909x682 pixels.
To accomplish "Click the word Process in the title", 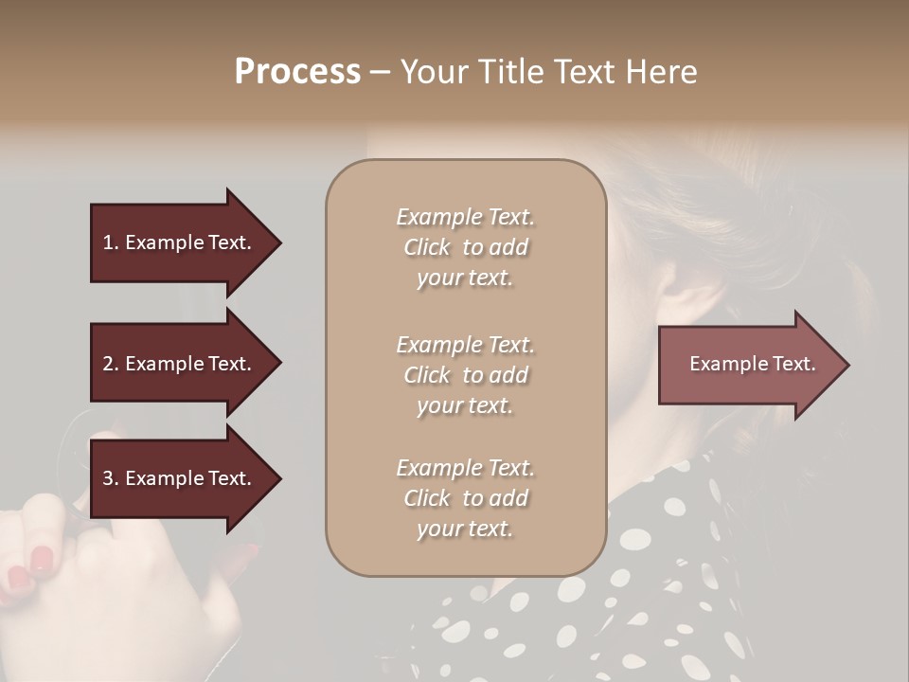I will click(297, 72).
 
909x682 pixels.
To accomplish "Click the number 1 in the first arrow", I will click(108, 242).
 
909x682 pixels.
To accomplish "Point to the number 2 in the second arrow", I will click(108, 364).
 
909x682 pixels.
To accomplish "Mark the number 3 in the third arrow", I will click(108, 478).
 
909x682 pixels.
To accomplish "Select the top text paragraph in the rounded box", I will click(465, 247).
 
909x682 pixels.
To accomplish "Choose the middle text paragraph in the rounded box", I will click(465, 375).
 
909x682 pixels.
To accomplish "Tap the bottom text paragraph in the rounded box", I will click(465, 498).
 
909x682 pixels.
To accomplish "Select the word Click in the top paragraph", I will click(427, 247).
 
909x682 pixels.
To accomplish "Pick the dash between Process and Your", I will click(380, 72).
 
